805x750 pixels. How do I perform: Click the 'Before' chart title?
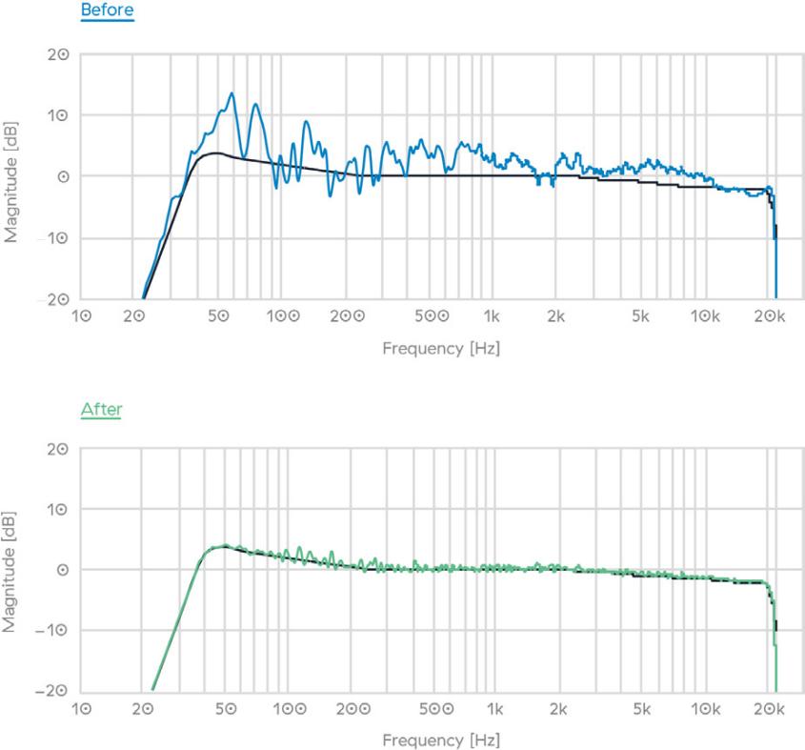[107, 11]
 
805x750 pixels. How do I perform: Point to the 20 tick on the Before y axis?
[57, 54]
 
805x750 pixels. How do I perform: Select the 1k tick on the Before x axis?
[493, 314]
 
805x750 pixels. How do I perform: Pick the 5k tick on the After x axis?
[641, 709]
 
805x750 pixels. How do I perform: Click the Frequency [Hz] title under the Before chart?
[440, 348]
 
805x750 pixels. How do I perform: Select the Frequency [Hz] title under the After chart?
[440, 740]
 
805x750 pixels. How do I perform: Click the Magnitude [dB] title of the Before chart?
[14, 176]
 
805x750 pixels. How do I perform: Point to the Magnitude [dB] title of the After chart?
[14, 569]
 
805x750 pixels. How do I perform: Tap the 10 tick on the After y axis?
[57, 508]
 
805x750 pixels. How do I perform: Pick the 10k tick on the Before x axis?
[705, 314]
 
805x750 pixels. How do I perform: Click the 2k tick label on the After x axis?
[557, 709]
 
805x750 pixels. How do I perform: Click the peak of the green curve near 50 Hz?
[225, 545]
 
